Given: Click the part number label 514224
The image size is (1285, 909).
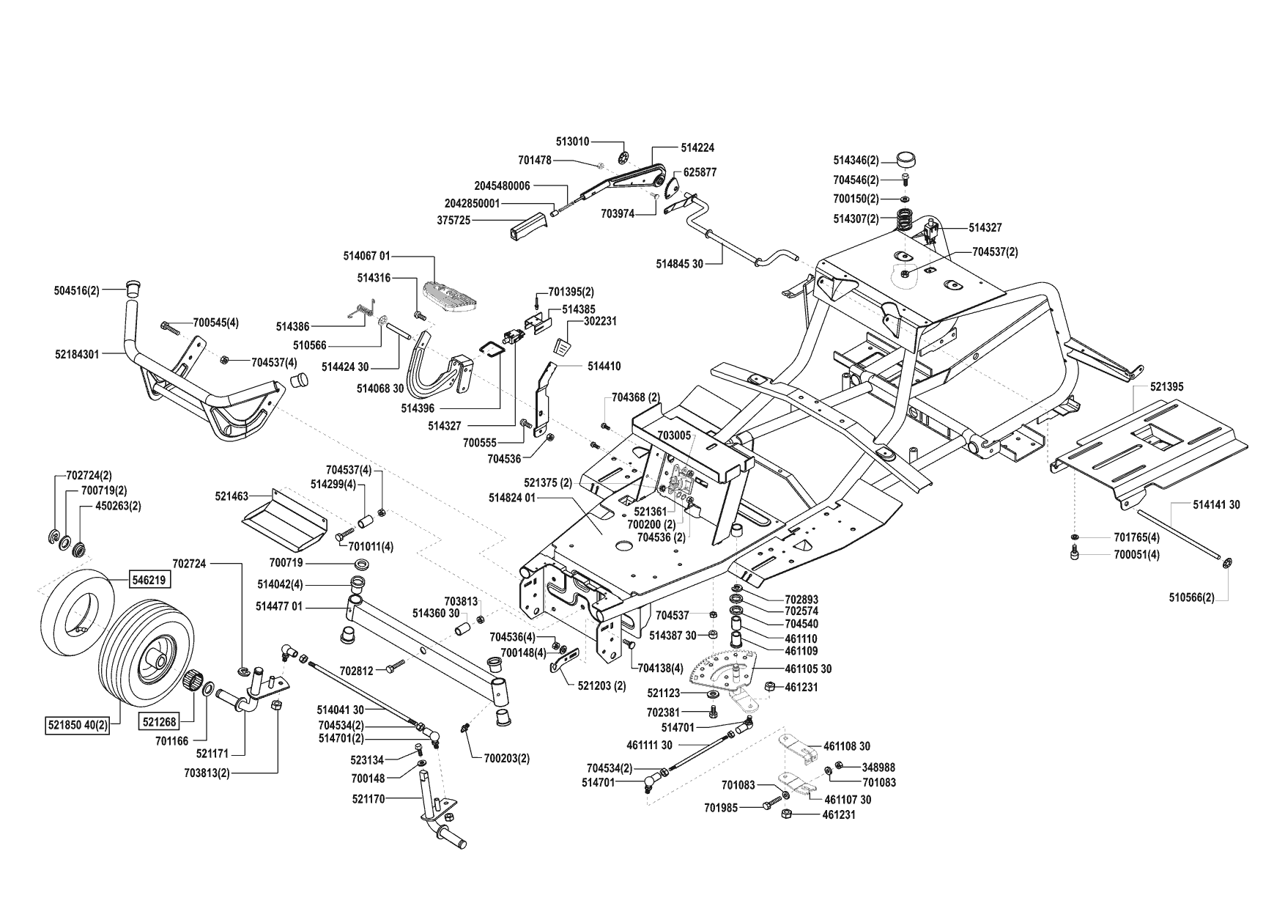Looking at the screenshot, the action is click(697, 147).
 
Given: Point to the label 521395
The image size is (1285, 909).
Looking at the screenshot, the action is click(1166, 386).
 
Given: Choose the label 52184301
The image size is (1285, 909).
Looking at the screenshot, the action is click(78, 353).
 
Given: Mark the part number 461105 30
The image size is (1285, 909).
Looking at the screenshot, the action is click(808, 669).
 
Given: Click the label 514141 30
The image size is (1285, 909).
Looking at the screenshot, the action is click(1217, 505).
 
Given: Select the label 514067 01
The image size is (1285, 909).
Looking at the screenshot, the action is click(366, 256).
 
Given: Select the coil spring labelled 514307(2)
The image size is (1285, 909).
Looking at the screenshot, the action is click(906, 219).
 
